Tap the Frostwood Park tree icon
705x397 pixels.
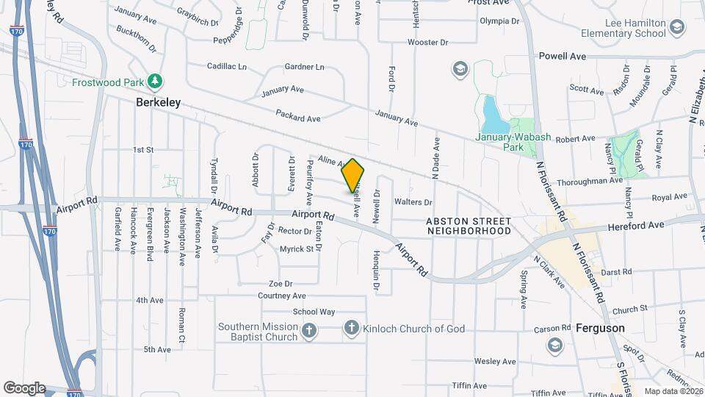[x=154, y=80]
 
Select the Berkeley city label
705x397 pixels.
[x=158, y=104]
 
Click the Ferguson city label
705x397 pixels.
[x=600, y=328]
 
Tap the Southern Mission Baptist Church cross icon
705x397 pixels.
[x=309, y=331]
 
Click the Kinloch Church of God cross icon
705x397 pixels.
[x=352, y=329]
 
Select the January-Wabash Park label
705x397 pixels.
[x=499, y=141]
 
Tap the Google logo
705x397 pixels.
[x=23, y=387]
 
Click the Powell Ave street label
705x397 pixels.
[x=562, y=56]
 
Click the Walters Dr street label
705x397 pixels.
[x=413, y=202]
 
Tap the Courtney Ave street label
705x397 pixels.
[x=281, y=296]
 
